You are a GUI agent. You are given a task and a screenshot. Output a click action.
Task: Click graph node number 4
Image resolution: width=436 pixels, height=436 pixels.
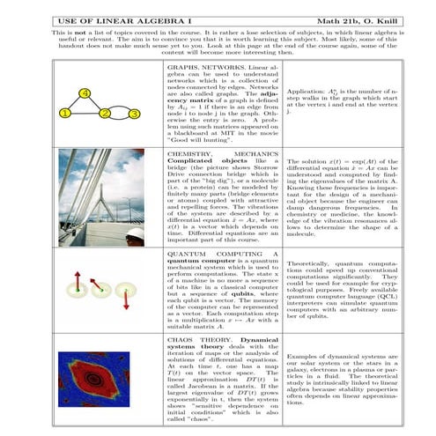[x=84, y=93]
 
